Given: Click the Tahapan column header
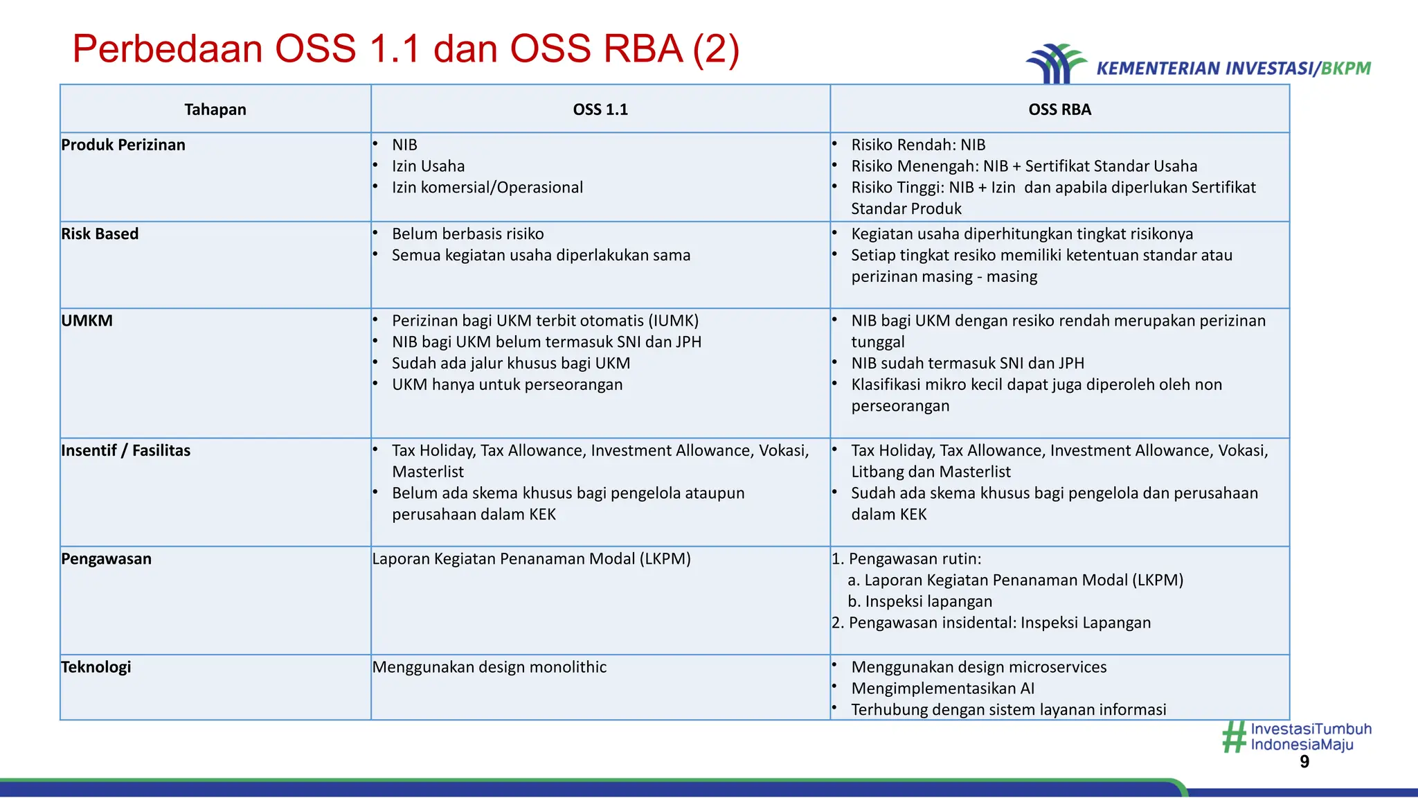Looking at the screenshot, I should [215, 109].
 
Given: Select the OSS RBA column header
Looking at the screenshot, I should [1059, 109].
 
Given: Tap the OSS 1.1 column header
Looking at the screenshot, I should [600, 109].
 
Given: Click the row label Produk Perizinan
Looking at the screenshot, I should [123, 145].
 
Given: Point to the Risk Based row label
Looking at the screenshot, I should [100, 234].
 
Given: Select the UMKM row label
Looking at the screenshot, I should [87, 321].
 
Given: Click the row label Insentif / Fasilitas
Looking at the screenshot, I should [125, 450].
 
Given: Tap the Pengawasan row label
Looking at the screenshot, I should [106, 559].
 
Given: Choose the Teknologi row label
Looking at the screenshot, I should [96, 667].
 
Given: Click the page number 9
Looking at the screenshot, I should [1304, 762].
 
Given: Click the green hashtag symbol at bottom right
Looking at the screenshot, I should [1234, 737].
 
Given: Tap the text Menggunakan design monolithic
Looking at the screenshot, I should [489, 667].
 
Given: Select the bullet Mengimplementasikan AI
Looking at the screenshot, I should [942, 689].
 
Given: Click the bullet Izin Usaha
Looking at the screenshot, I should [428, 166].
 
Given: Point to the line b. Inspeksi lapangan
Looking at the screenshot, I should [919, 601].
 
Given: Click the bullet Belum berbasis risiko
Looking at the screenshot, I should [467, 234].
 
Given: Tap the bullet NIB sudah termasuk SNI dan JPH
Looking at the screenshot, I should [967, 363].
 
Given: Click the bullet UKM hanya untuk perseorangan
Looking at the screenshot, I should [507, 384].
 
